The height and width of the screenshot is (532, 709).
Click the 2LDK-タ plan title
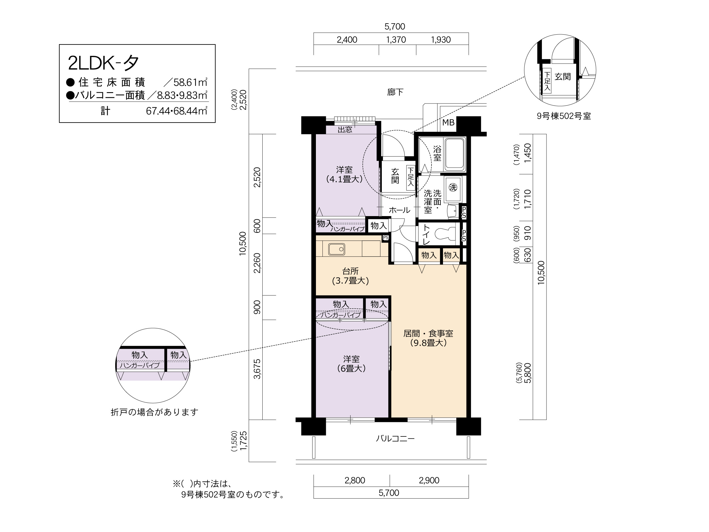(x=103, y=63)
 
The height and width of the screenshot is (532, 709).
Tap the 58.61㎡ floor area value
(x=190, y=82)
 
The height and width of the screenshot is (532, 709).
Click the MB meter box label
(x=448, y=123)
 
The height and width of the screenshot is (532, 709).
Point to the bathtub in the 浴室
(x=455, y=155)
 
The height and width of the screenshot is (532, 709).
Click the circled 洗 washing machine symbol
(x=453, y=187)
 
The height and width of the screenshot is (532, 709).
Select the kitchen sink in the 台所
(x=337, y=249)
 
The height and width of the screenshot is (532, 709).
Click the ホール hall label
(x=399, y=210)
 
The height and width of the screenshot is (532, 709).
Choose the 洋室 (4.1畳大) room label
(x=344, y=174)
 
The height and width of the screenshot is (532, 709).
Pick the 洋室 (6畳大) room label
(x=351, y=364)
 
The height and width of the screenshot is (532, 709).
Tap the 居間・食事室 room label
(x=428, y=338)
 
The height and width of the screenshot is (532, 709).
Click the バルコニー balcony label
(x=395, y=438)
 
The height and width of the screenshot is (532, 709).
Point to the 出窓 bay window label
(x=345, y=130)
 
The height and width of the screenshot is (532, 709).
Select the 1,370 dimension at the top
(x=396, y=40)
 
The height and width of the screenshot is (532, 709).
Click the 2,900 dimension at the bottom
(x=429, y=480)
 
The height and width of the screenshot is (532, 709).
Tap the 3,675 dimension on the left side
(x=257, y=369)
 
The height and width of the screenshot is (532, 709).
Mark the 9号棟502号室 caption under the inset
(x=564, y=116)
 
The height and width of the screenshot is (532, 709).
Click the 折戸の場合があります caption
(x=155, y=412)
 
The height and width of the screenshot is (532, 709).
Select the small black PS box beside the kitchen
(x=386, y=237)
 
